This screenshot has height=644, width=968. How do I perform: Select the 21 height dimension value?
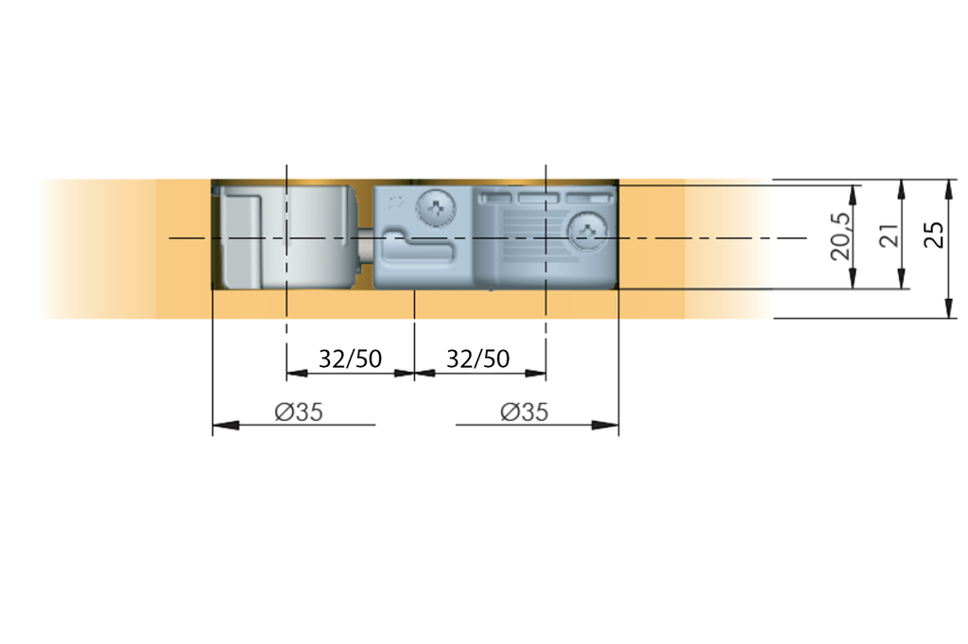click(888, 236)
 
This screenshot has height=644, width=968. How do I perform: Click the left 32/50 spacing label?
click(350, 359)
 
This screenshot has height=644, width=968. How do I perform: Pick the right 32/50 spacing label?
click(477, 359)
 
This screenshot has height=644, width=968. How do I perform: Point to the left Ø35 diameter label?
click(300, 412)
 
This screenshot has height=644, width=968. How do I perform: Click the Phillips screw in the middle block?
click(438, 208)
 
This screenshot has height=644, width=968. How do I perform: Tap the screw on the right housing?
click(588, 232)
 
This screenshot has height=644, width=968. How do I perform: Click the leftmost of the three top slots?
click(494, 199)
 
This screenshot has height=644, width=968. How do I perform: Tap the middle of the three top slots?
click(539, 199)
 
